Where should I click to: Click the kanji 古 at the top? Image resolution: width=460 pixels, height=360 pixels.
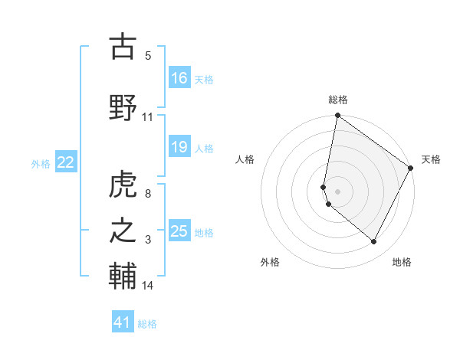click(123, 47)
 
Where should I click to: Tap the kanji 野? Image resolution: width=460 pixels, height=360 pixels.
click(123, 107)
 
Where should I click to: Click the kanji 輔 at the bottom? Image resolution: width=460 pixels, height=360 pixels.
click(123, 277)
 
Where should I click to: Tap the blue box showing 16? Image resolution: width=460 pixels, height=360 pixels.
click(179, 78)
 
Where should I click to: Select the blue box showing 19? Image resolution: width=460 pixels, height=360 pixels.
click(179, 147)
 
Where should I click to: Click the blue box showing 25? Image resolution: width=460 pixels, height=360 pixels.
click(179, 231)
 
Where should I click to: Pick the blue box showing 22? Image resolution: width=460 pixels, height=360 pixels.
click(66, 162)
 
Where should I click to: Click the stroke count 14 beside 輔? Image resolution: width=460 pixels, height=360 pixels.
click(148, 286)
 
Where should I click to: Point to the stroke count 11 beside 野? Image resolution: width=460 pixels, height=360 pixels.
click(148, 117)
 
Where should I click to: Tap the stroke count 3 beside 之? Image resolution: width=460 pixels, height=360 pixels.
click(148, 240)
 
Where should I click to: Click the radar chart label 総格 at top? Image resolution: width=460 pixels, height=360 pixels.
click(337, 100)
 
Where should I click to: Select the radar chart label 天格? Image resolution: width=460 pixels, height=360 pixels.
click(431, 159)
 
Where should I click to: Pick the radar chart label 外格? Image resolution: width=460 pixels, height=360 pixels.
click(270, 262)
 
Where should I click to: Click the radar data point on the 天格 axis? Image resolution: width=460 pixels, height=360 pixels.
click(411, 168)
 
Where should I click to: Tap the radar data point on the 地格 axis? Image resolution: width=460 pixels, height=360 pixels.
click(374, 242)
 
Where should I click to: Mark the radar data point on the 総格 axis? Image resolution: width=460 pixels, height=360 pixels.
click(337, 116)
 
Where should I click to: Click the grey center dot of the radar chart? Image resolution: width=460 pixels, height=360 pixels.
click(337, 191)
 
